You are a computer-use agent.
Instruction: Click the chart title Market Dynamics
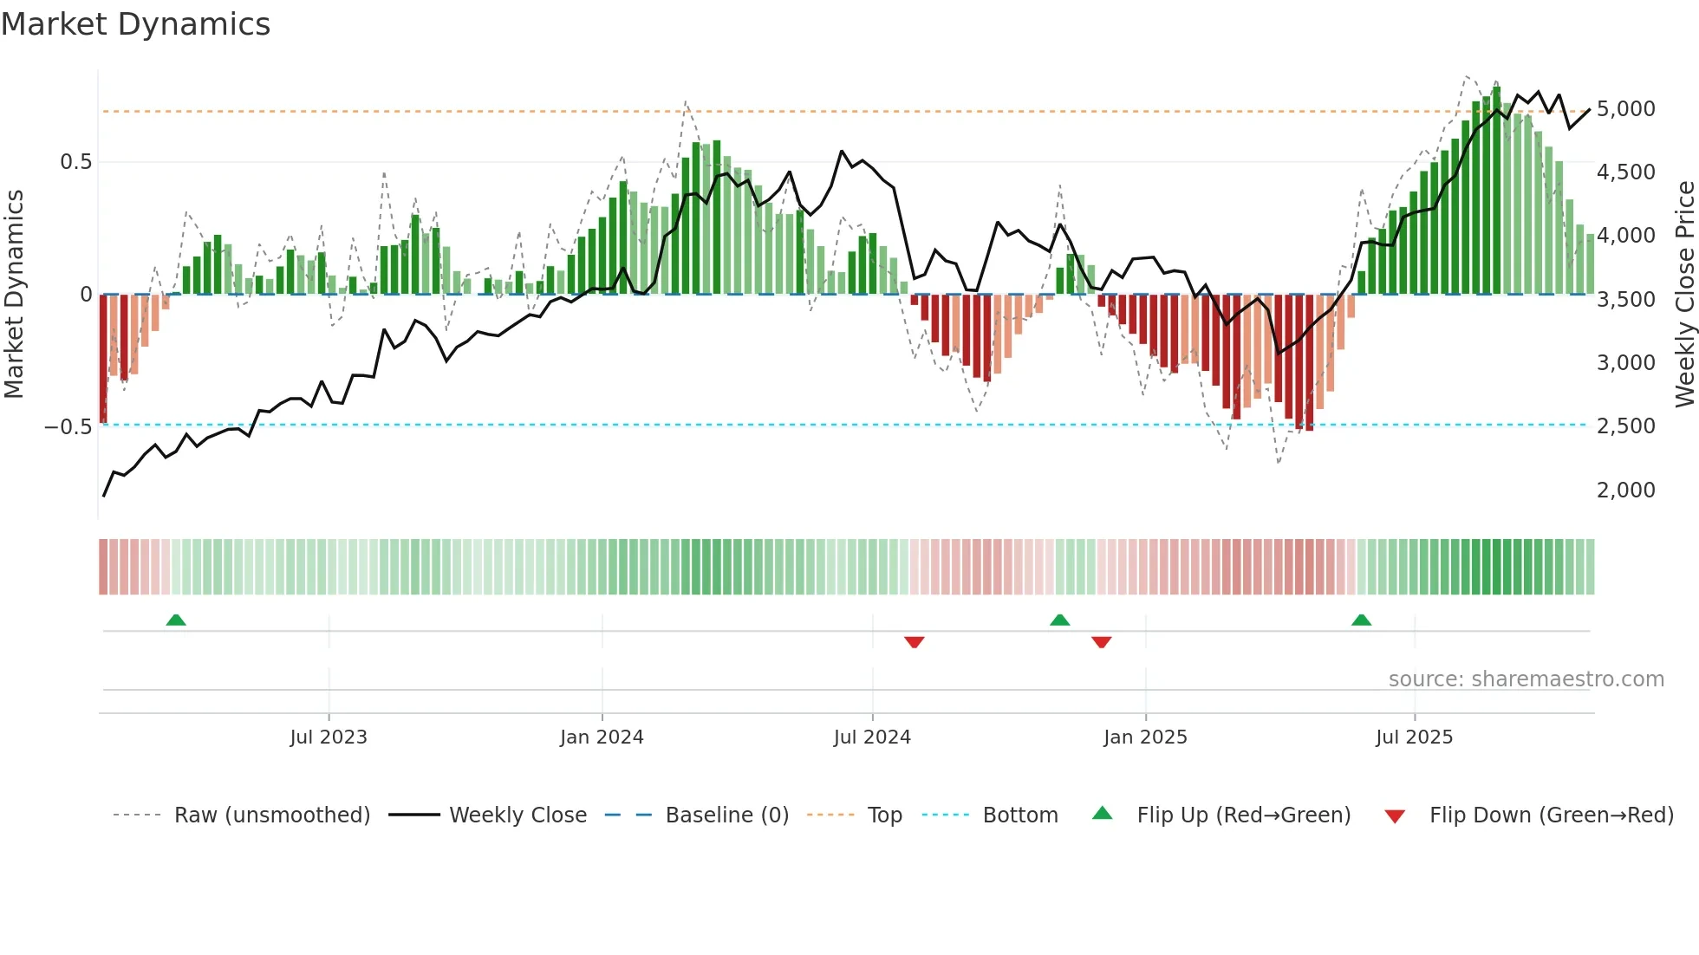pyautogui.click(x=135, y=24)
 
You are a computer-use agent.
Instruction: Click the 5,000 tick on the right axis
pyautogui.click(x=1625, y=109)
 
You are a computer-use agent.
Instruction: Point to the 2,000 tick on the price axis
pyautogui.click(x=1625, y=490)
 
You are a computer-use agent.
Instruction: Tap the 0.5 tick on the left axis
pyautogui.click(x=75, y=162)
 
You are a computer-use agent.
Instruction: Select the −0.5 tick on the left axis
pyautogui.click(x=68, y=427)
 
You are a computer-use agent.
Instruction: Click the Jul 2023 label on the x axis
pyautogui.click(x=329, y=737)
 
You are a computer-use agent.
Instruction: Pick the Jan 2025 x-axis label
pyautogui.click(x=1145, y=737)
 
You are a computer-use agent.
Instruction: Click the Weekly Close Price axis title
pyautogui.click(x=1684, y=295)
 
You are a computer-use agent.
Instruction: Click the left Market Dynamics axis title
pyautogui.click(x=15, y=295)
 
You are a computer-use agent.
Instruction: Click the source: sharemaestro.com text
pyautogui.click(x=1526, y=679)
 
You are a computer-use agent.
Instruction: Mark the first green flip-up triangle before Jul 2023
pyautogui.click(x=176, y=620)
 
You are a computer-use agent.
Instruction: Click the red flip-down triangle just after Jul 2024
pyautogui.click(x=914, y=642)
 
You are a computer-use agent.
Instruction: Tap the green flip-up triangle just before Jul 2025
pyautogui.click(x=1361, y=620)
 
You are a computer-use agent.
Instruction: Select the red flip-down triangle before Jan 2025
pyautogui.click(x=1101, y=642)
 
